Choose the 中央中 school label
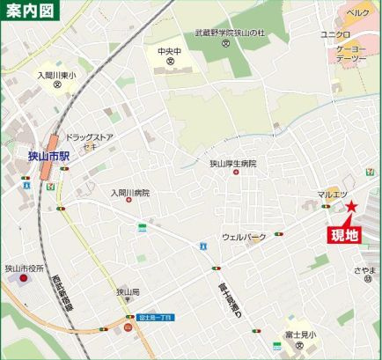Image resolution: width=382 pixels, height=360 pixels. point(168,51)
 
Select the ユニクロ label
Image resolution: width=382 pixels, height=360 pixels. point(336,34)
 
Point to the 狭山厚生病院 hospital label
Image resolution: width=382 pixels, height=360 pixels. point(232,163)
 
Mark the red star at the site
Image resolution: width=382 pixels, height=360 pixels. point(350,208)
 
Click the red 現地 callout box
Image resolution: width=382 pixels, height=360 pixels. point(344,234)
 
